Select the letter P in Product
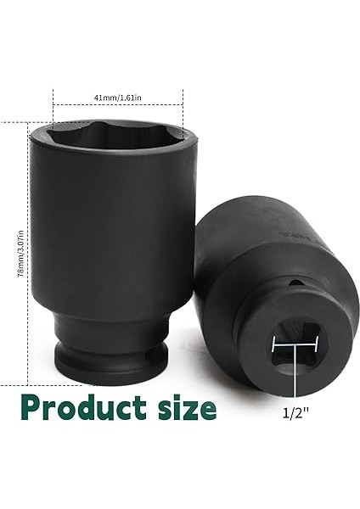coord(34,406)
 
